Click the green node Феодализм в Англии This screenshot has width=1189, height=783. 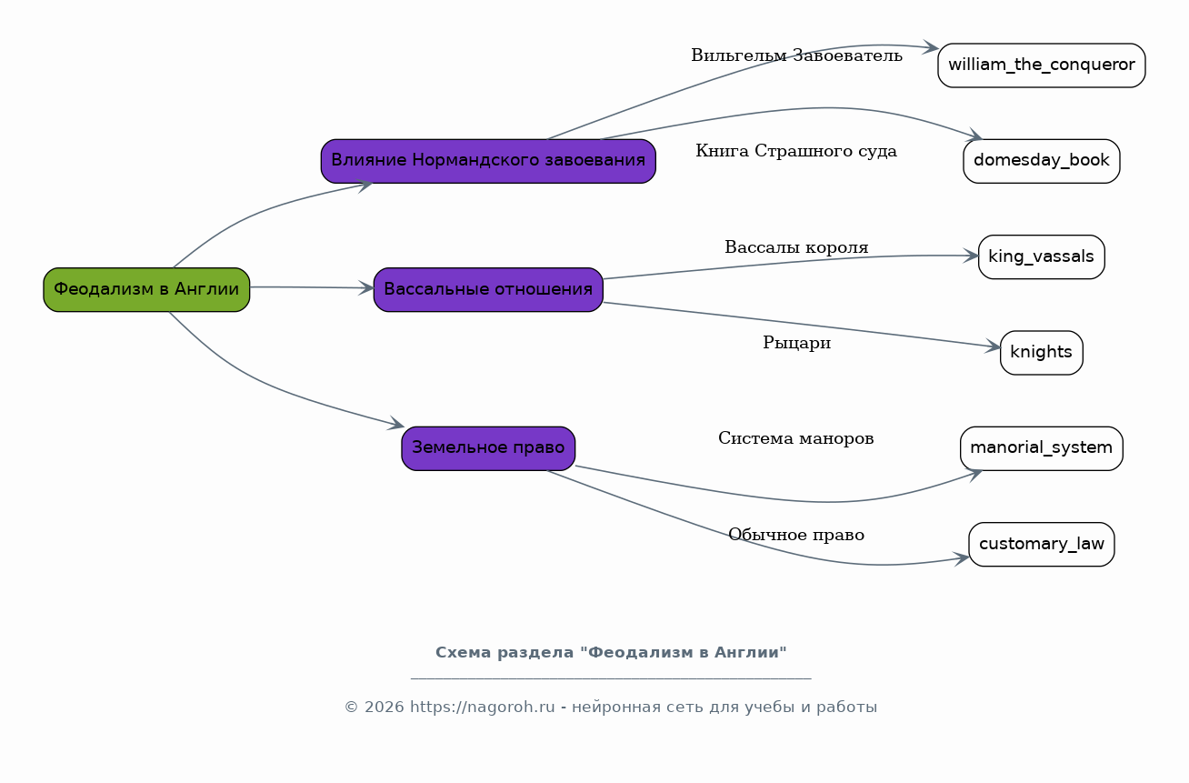coord(146,289)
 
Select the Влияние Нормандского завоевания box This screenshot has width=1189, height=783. coord(488,161)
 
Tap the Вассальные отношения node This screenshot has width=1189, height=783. coord(488,289)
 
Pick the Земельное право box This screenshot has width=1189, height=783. coord(488,448)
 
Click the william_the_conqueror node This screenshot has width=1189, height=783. coord(1042,65)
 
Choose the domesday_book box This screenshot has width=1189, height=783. coord(1042,161)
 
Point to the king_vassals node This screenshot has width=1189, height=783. coord(1042,257)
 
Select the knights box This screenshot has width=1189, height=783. coord(1042,353)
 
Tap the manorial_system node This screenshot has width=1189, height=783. coord(1042,448)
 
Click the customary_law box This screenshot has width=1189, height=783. coord(1042,545)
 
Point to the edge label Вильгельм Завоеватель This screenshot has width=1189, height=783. coord(796,55)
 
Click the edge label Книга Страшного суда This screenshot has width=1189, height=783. coord(796,151)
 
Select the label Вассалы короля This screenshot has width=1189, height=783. coord(796,247)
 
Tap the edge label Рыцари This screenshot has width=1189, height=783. coord(796,343)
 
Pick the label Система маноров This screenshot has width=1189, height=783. coord(795,438)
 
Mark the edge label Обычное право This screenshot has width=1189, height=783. coord(796,535)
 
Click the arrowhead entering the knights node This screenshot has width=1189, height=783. coord(994,346)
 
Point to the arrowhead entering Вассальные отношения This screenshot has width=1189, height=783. coord(366,288)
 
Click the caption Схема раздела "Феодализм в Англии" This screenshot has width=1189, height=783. coord(611,652)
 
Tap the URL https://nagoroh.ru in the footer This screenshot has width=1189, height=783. coord(482,707)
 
